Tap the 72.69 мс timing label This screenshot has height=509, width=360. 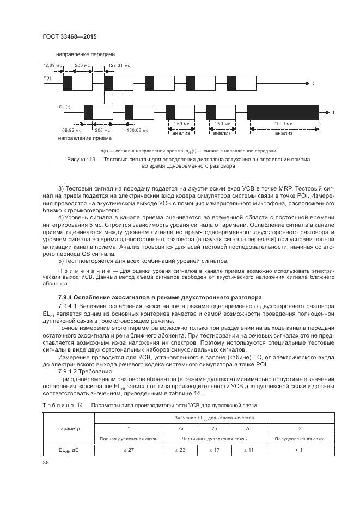50,65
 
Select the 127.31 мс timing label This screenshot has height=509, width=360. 119,65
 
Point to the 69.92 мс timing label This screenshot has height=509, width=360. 72,130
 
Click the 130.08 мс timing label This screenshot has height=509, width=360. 137,130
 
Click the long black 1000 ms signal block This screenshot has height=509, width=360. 283,112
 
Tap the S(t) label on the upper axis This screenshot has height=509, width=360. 47,78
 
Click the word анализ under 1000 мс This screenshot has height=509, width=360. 283,133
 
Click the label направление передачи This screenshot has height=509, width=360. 85,54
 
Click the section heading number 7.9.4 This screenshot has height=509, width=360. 68,297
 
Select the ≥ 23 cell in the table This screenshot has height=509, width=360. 180,450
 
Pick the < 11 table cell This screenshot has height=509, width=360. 300,450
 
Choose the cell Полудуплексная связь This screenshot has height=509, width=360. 300,438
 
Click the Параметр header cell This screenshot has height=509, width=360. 68,428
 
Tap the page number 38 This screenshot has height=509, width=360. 45,463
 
